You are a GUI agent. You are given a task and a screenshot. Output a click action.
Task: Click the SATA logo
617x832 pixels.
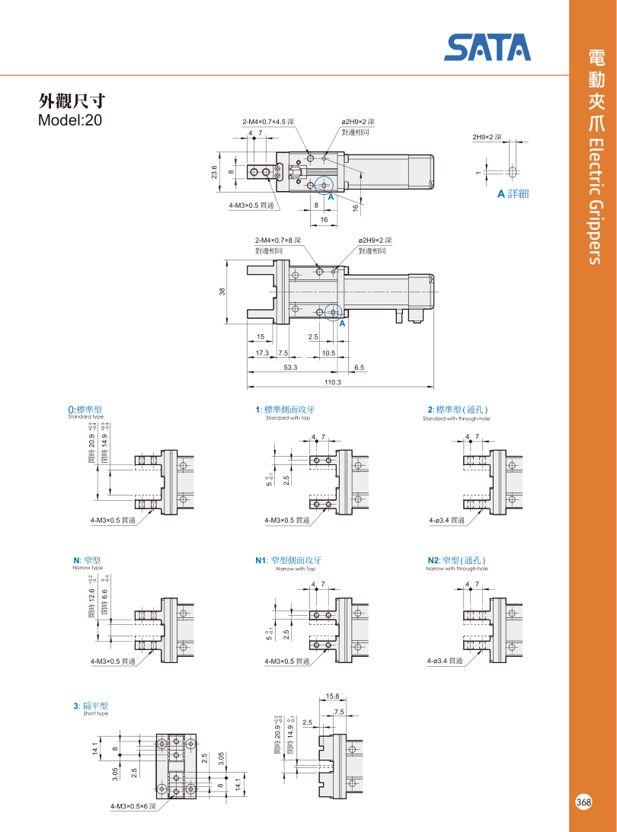point(488,47)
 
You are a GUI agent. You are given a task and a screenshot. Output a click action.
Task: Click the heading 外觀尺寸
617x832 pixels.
point(72,101)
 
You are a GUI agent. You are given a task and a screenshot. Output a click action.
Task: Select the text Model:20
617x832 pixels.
point(69,120)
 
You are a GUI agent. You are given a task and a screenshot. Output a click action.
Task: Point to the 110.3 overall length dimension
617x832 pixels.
point(333,381)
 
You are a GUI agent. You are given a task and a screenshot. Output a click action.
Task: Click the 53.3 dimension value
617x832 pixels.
point(290,367)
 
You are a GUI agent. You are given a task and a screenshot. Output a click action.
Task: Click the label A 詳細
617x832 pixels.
point(513,193)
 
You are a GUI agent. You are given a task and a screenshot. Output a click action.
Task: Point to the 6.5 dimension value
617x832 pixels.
point(359,367)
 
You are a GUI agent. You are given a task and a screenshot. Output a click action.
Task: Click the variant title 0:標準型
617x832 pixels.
point(85,410)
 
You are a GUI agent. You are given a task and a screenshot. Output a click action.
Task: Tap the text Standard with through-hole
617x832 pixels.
point(456,419)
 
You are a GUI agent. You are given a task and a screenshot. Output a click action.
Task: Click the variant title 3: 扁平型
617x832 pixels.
point(91,706)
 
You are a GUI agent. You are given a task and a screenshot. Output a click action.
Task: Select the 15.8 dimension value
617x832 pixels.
point(333,696)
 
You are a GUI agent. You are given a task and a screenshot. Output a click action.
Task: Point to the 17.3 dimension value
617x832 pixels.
point(262,353)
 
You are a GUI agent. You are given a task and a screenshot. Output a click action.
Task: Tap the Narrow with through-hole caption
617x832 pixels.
point(456,569)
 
